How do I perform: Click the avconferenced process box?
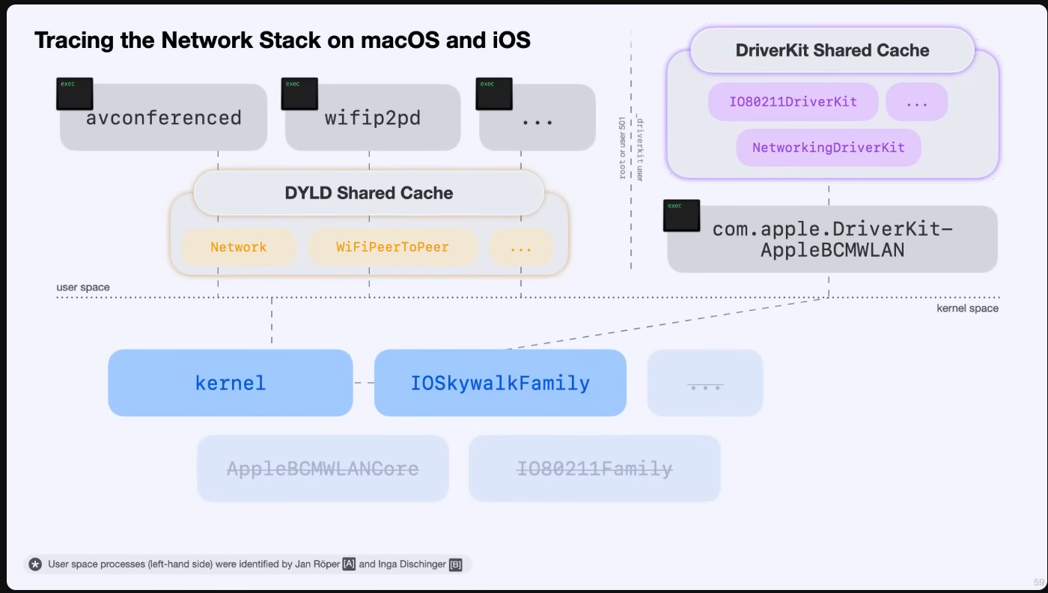pyautogui.click(x=163, y=118)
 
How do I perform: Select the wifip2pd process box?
pyautogui.click(x=372, y=118)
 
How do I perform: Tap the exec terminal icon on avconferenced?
pyautogui.click(x=75, y=94)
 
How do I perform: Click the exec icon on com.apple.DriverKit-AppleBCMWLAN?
pyautogui.click(x=681, y=215)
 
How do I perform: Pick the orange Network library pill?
pyautogui.click(x=239, y=247)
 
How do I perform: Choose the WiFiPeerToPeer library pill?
pyautogui.click(x=392, y=247)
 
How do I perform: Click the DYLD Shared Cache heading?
pyautogui.click(x=368, y=193)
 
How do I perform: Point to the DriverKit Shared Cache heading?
pyautogui.click(x=832, y=51)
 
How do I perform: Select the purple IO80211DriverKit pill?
pyautogui.click(x=793, y=102)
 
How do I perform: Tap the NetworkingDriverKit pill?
pyautogui.click(x=828, y=148)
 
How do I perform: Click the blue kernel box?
pyautogui.click(x=230, y=383)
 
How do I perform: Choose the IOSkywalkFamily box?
pyautogui.click(x=500, y=383)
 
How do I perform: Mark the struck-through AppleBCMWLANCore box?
pyautogui.click(x=323, y=469)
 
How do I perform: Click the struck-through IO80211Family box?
pyautogui.click(x=594, y=469)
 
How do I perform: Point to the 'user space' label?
pyautogui.click(x=83, y=288)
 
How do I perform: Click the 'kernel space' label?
pyautogui.click(x=967, y=308)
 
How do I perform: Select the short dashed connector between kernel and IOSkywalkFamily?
pyautogui.click(x=364, y=383)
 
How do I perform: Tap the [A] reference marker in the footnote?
pyautogui.click(x=349, y=565)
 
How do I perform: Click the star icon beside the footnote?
pyautogui.click(x=35, y=565)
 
